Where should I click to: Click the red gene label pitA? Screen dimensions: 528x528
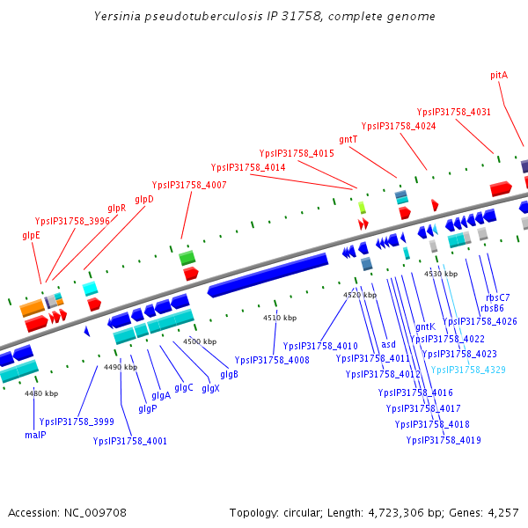[499, 76]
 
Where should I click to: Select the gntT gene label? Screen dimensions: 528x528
[348, 139]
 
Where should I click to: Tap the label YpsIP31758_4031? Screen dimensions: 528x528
[453, 113]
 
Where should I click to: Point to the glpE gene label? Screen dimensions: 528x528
[31, 235]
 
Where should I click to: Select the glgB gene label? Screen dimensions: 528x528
[229, 375]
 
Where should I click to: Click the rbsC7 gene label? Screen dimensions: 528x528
[498, 297]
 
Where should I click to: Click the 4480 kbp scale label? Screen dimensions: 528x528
[41, 393]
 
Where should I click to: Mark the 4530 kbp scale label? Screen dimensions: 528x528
[441, 275]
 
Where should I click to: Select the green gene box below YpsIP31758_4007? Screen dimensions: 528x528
[187, 258]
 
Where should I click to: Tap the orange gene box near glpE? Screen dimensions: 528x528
[33, 308]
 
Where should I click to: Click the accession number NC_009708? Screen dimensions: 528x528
[97, 512]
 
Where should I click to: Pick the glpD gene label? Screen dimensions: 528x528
[144, 199]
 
